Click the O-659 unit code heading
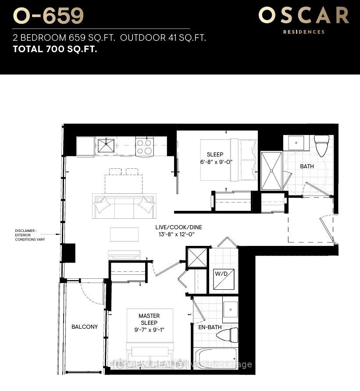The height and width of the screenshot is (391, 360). point(48,16)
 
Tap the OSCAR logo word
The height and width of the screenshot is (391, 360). point(303,15)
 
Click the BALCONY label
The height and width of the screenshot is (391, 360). point(85,327)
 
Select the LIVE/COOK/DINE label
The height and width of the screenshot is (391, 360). point(178,227)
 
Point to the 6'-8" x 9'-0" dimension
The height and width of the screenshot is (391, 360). point(215,161)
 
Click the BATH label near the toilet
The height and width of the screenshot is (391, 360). point(307,167)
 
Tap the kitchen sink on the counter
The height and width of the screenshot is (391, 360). point(106,145)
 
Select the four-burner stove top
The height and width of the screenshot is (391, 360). point(144,146)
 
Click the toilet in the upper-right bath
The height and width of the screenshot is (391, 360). point(321,145)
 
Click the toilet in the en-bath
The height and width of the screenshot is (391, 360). point(227,335)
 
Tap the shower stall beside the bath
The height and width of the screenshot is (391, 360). point(271,171)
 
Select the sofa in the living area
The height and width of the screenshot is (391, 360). point(124,206)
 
